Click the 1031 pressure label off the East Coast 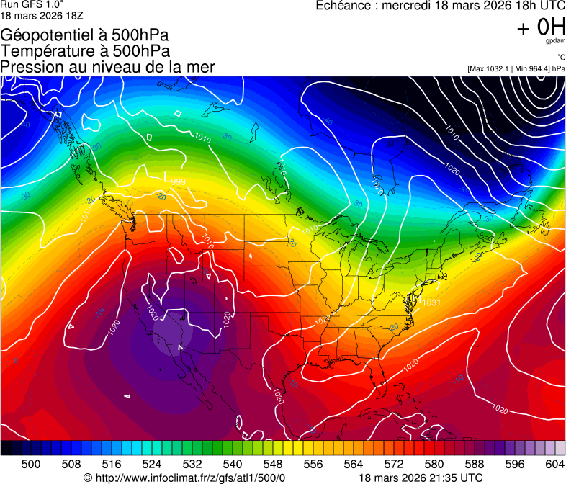point(431,302)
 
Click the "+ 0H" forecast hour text point(541,27)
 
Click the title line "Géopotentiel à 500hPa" point(85,35)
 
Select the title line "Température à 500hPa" point(85,50)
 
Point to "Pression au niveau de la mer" point(107,67)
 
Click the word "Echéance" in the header point(343,6)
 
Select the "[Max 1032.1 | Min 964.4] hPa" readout point(516,68)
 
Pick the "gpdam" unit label point(554,41)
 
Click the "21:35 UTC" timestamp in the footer point(452,478)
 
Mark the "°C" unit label point(560,57)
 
